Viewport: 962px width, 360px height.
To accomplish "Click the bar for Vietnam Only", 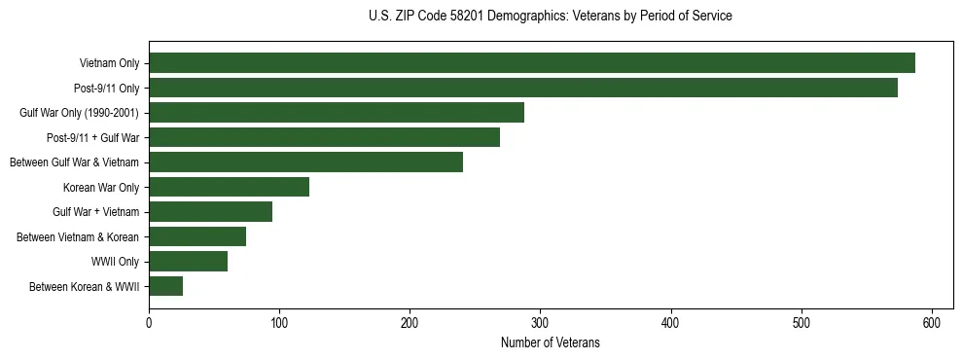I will pyautogui.click(x=531, y=63).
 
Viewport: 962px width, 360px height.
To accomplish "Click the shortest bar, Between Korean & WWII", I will pyautogui.click(x=165, y=286).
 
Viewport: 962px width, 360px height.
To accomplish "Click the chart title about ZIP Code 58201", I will pyautogui.click(x=551, y=17).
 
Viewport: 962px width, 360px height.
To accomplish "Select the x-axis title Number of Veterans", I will pyautogui.click(x=551, y=343).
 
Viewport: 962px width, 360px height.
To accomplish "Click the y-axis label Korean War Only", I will pyautogui.click(x=101, y=187).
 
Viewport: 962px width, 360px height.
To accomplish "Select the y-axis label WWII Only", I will pyautogui.click(x=115, y=261).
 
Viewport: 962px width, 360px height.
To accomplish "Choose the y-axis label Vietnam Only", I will pyautogui.click(x=109, y=63).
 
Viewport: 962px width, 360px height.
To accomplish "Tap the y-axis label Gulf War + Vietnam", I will pyautogui.click(x=95, y=211).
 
